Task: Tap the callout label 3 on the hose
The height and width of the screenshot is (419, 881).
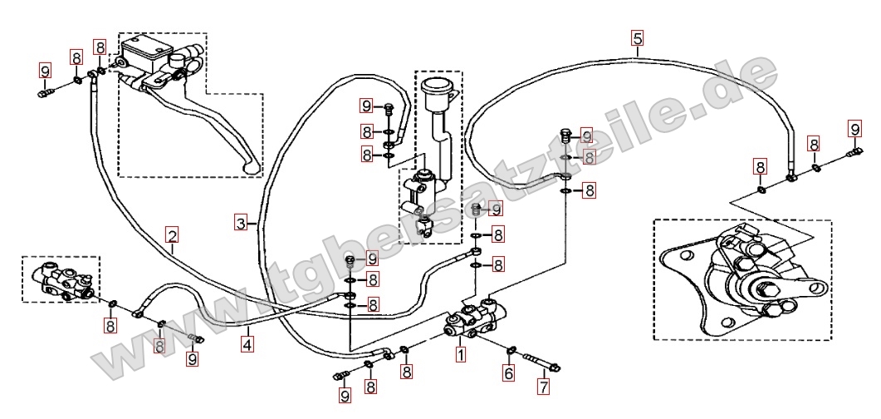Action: tap(240, 223)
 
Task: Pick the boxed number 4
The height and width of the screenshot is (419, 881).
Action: tap(247, 342)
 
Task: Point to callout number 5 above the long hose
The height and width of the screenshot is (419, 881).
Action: tap(637, 37)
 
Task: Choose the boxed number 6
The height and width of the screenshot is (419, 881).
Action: tap(509, 375)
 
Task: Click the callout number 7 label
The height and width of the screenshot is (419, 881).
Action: tap(543, 386)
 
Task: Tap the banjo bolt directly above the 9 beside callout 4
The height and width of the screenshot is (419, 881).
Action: tap(196, 339)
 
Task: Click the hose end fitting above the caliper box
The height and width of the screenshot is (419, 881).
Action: tap(792, 175)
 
